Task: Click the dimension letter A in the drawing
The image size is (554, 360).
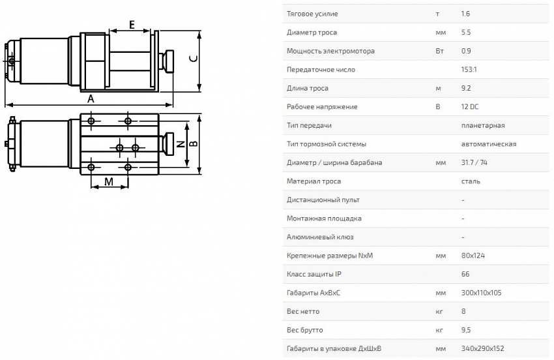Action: click(x=91, y=98)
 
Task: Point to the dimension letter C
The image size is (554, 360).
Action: click(x=193, y=59)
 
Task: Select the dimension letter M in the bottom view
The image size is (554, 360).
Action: click(x=108, y=183)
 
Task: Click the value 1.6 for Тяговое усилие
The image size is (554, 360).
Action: click(x=466, y=14)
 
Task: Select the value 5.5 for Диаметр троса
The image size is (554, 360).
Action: click(x=466, y=32)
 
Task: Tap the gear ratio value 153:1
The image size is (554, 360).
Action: click(x=470, y=69)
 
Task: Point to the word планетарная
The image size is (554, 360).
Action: click(x=482, y=125)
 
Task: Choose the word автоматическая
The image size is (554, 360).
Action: click(x=488, y=143)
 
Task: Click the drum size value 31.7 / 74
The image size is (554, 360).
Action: click(x=476, y=162)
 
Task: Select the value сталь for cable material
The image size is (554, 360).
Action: click(x=471, y=181)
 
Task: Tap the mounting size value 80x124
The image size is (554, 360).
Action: click(x=473, y=256)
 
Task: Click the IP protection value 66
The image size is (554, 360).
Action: click(x=465, y=274)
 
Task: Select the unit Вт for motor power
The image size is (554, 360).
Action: click(x=439, y=51)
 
